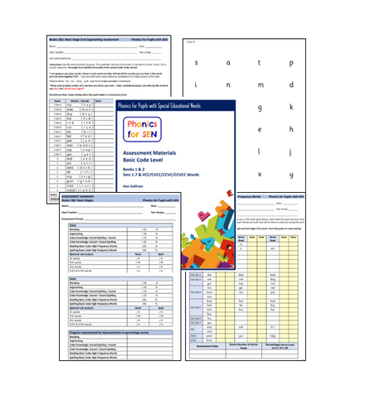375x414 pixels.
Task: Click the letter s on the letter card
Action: click(196, 61)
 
